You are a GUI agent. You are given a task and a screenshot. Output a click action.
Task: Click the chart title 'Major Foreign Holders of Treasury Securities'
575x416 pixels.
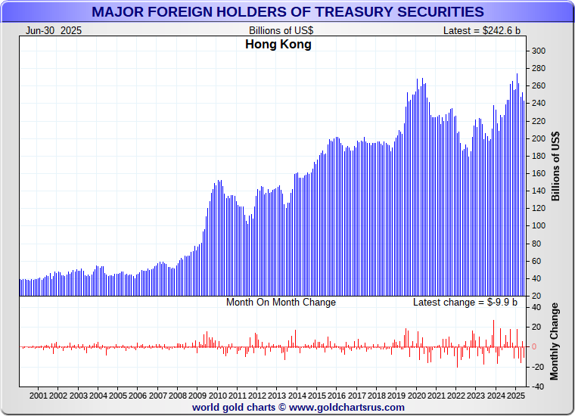[287, 11]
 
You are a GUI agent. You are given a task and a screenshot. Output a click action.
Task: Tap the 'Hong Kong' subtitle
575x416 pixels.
[278, 45]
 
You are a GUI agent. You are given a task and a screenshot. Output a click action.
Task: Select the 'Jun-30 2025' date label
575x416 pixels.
[54, 30]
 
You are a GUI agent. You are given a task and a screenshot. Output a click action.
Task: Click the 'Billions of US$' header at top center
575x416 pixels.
[281, 30]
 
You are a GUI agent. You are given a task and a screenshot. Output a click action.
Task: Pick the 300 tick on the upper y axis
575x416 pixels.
[538, 51]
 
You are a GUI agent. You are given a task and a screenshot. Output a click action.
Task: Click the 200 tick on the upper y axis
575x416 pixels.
[538, 139]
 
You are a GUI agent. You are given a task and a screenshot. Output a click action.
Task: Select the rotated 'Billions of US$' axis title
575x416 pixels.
[556, 166]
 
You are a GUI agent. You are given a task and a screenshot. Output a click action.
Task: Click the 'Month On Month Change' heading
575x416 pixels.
[281, 303]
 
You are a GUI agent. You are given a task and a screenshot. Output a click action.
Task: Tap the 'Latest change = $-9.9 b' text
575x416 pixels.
[465, 303]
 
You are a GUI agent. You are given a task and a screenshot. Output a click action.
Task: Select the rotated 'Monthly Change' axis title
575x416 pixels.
[556, 342]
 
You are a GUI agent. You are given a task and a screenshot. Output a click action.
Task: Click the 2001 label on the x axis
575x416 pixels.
[39, 396]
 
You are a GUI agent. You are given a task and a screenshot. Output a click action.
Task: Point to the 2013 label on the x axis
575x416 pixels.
[276, 396]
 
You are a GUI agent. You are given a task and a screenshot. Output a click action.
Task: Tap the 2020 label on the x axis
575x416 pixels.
[417, 396]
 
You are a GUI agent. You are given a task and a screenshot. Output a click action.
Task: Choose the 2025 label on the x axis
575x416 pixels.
[514, 396]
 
